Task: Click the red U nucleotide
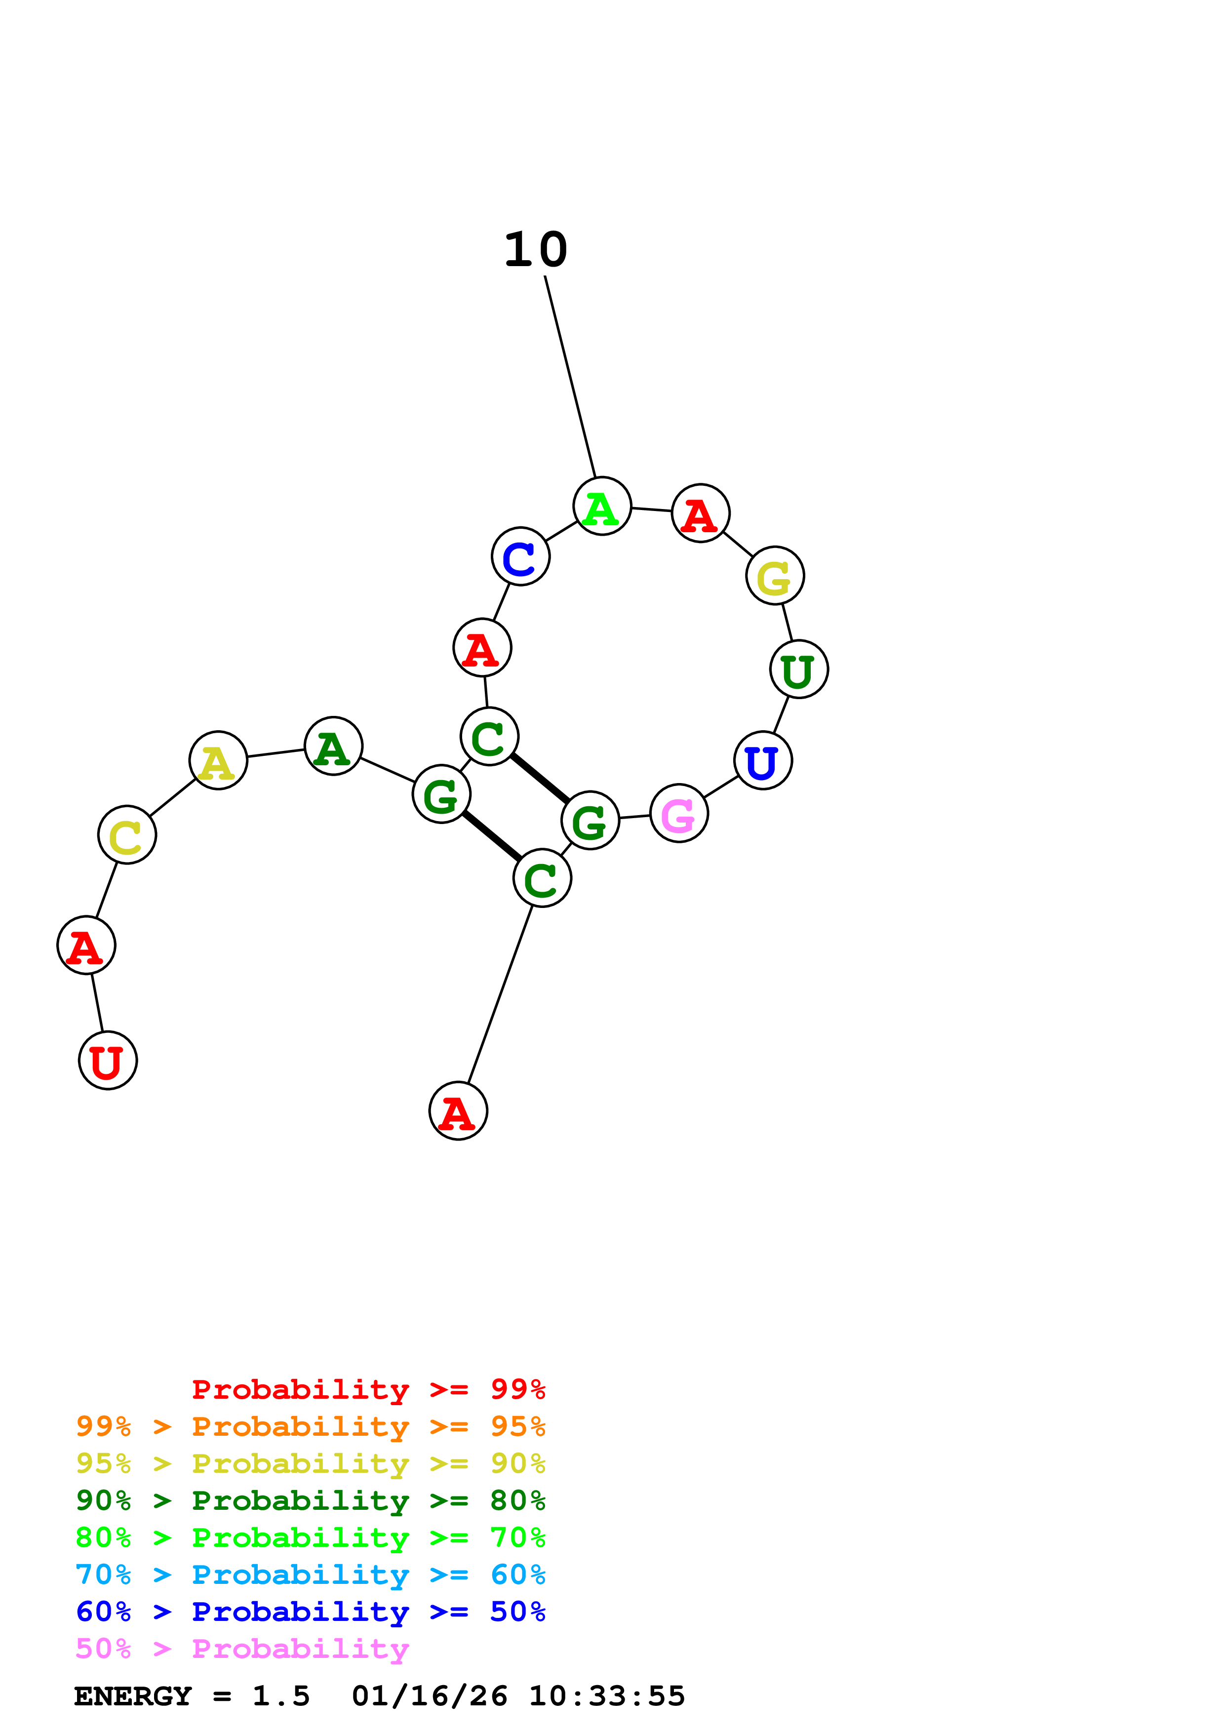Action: click(x=108, y=1061)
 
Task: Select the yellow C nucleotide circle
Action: click(x=127, y=835)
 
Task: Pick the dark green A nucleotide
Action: click(x=333, y=746)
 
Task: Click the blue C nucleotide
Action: click(x=520, y=556)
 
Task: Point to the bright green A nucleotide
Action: click(x=602, y=506)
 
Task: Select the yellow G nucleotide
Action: click(x=775, y=576)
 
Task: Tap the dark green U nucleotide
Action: click(x=799, y=669)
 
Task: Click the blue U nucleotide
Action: click(x=762, y=760)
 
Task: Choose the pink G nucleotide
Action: click(x=679, y=813)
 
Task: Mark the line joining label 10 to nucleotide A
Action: click(x=570, y=377)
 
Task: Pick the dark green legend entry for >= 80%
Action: click(x=310, y=1501)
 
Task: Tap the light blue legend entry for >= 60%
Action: click(x=310, y=1575)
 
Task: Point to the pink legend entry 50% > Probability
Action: click(x=242, y=1649)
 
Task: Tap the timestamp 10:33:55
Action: click(x=606, y=1696)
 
